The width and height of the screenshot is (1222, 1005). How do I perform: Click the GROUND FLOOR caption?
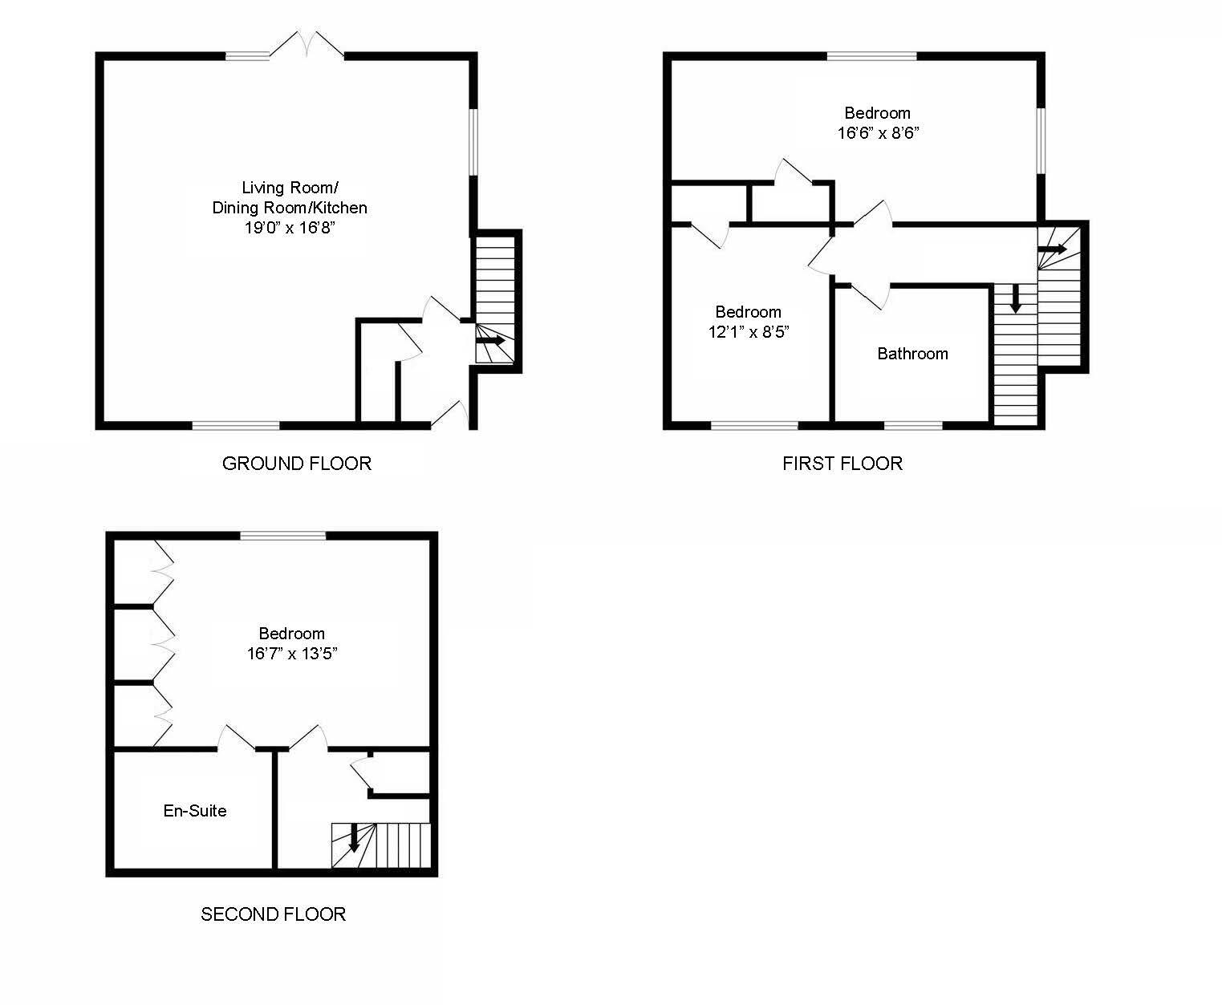point(296,464)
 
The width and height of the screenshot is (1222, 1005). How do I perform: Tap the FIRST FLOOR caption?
point(842,464)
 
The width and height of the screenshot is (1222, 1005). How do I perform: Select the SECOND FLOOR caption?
point(273,914)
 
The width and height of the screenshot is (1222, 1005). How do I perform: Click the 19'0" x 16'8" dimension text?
point(289,228)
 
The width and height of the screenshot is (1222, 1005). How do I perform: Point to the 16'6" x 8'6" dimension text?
point(877,133)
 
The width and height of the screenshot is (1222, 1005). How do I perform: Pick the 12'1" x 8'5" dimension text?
point(749,332)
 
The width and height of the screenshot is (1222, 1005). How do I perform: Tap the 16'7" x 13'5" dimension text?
point(291,654)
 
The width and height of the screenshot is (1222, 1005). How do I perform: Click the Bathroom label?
point(912,354)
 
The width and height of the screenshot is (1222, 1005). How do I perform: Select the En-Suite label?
point(195,811)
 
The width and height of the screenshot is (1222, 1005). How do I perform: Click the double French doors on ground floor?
point(307,44)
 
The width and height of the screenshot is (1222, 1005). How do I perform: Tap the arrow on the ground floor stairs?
point(491,340)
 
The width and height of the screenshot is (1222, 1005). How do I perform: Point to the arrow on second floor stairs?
point(354,839)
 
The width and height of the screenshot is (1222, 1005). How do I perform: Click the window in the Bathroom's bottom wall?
point(913,425)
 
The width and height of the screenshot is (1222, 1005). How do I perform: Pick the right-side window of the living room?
point(474,140)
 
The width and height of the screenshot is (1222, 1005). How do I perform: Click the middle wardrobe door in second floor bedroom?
point(163,642)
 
